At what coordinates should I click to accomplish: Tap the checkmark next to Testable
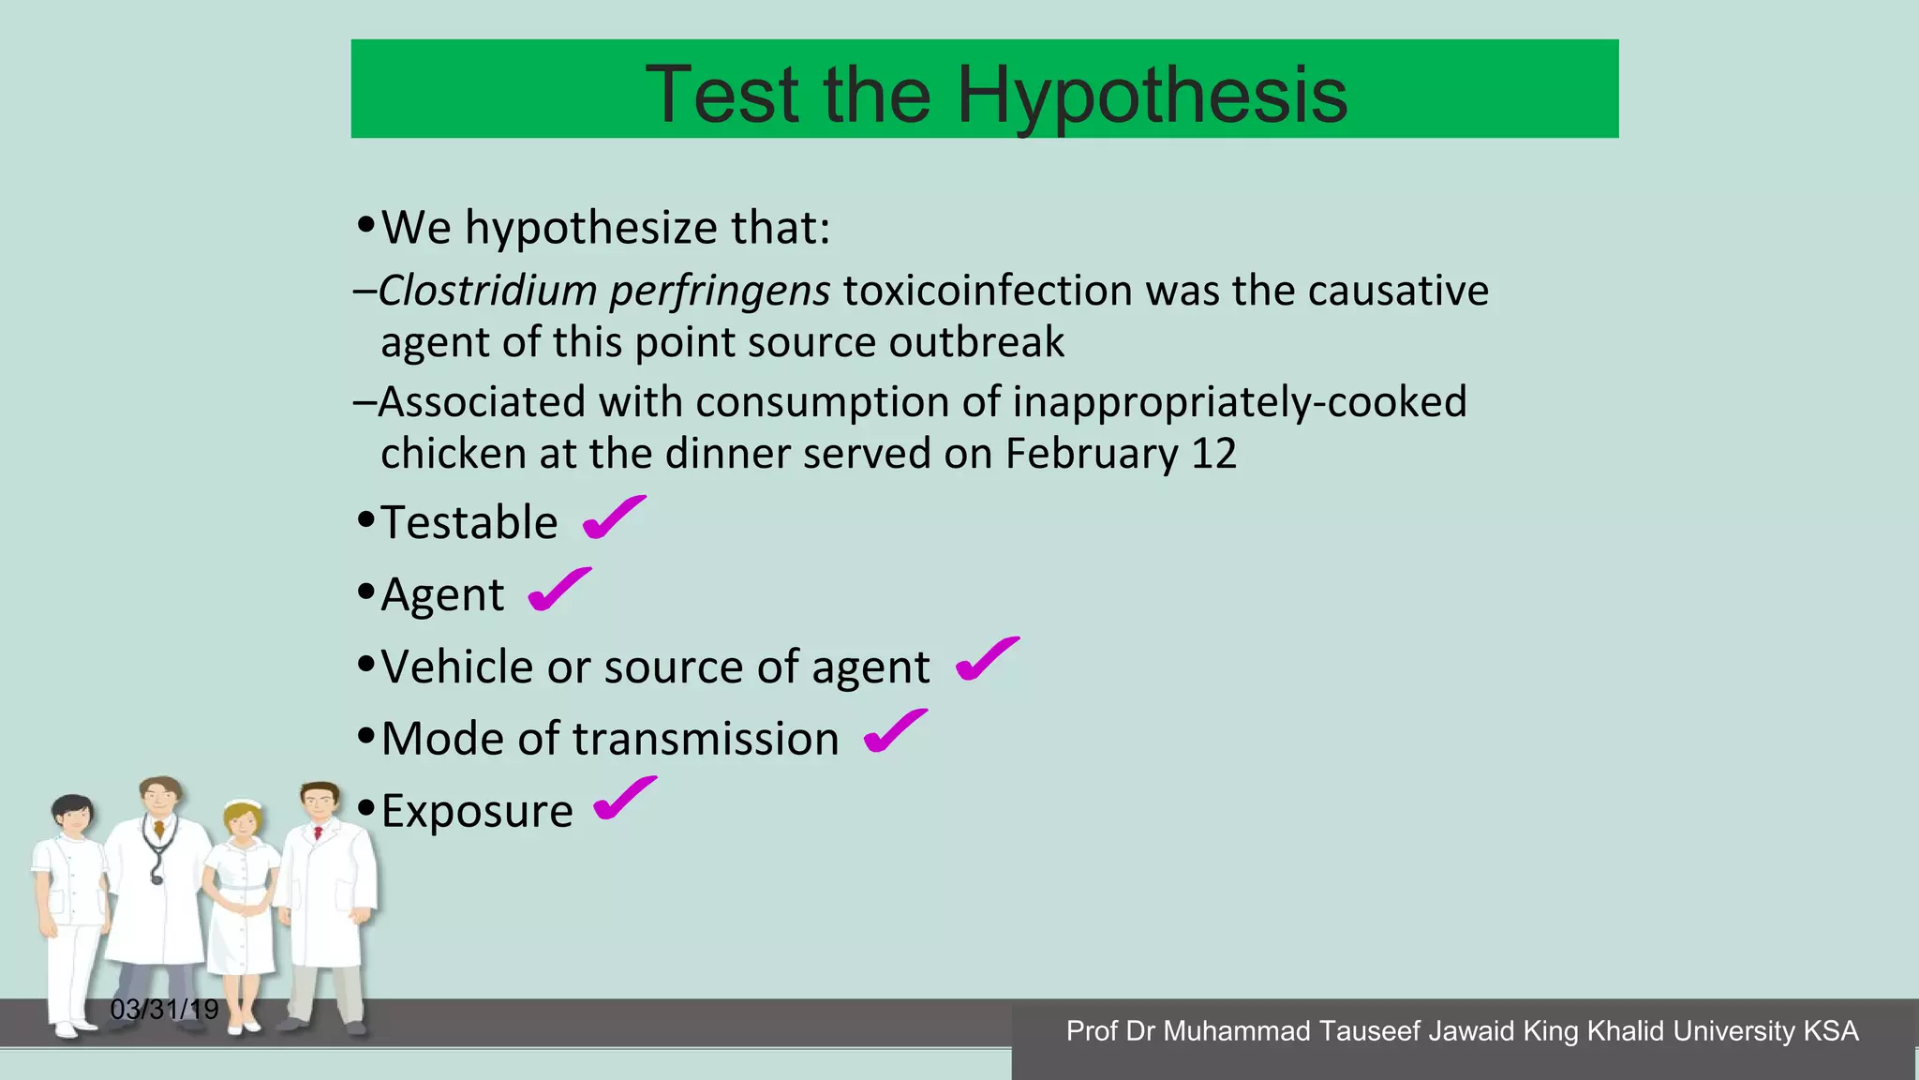[x=614, y=517]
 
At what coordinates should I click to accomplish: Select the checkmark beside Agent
[x=559, y=590]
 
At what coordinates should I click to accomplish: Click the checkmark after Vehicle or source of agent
[x=987, y=659]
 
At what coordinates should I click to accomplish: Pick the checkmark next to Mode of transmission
[x=895, y=731]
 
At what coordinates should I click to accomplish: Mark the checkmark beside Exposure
[x=625, y=799]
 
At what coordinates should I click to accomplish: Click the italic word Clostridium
[x=487, y=291]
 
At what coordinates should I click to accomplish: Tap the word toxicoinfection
[x=988, y=291]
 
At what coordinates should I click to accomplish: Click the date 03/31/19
[x=164, y=1010]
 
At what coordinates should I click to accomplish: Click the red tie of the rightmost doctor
[x=319, y=832]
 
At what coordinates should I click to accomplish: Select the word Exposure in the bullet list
[x=477, y=811]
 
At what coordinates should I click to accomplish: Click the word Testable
[x=469, y=522]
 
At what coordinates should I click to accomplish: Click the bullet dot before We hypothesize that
[x=366, y=225]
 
